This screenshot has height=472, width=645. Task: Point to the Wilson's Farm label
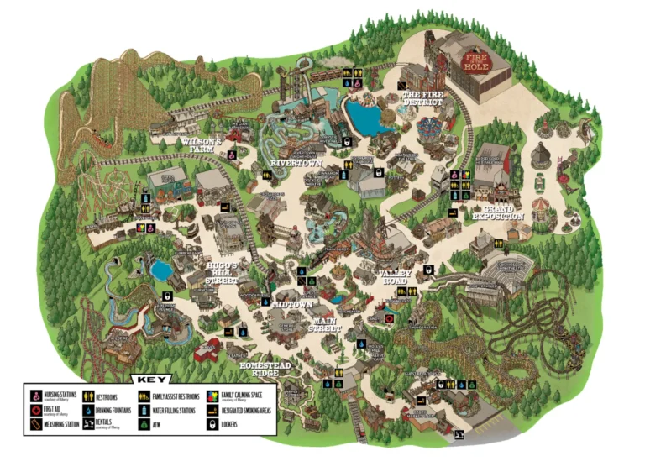(202, 147)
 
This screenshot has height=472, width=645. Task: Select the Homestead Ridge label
(265, 370)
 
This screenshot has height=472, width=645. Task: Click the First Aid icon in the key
(36, 411)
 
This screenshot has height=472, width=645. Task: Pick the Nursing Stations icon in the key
(36, 396)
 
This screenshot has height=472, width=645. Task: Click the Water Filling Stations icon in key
(145, 411)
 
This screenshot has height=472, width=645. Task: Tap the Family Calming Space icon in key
(212, 396)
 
